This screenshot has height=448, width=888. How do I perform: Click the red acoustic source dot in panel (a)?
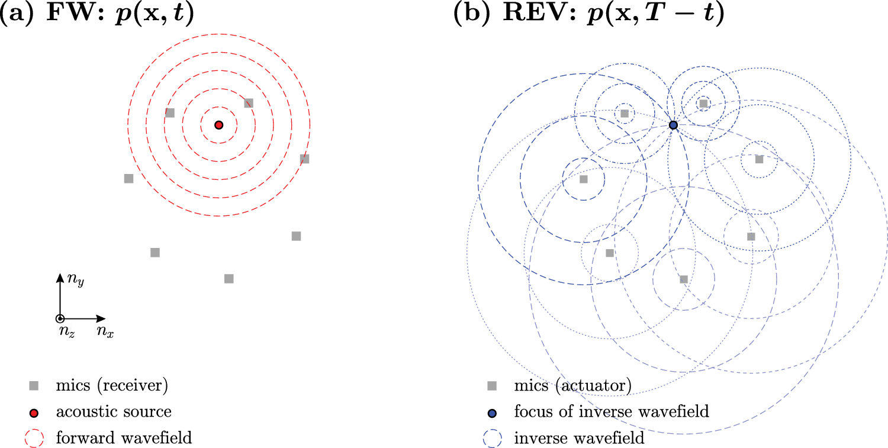click(x=218, y=125)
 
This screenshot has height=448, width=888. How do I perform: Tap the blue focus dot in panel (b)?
click(x=673, y=125)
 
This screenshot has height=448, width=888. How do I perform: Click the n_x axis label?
click(x=105, y=333)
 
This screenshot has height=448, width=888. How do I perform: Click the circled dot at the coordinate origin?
click(x=59, y=318)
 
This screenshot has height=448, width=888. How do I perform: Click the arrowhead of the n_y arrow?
click(x=59, y=277)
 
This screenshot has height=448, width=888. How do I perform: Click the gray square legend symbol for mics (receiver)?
click(x=35, y=386)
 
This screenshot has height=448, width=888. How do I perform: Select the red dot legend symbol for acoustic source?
click(x=35, y=412)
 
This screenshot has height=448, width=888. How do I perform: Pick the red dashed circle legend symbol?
click(x=35, y=439)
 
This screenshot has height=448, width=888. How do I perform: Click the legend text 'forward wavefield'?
click(x=124, y=439)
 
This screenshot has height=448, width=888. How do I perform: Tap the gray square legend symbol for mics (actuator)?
click(x=491, y=386)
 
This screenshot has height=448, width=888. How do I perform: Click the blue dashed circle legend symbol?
click(x=492, y=439)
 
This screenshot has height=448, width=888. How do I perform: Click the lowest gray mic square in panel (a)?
click(x=229, y=279)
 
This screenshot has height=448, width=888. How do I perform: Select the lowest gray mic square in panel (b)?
click(x=684, y=279)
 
